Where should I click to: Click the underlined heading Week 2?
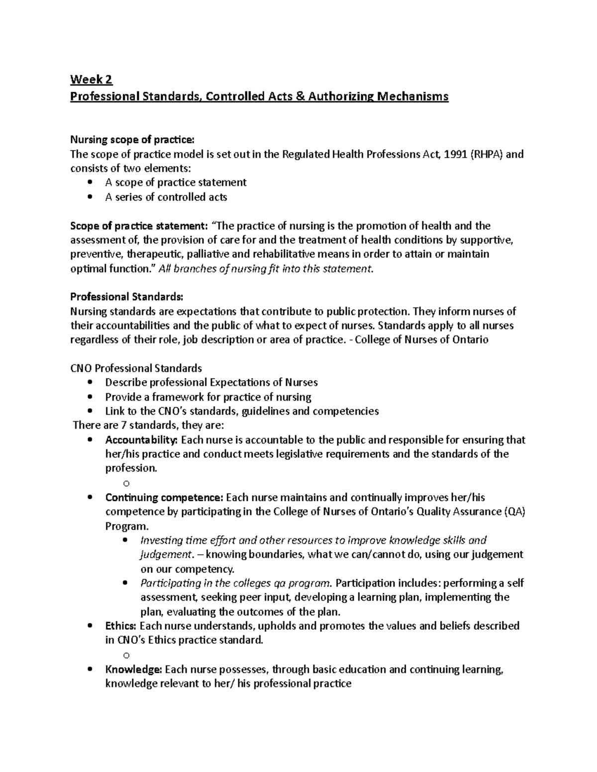pos(92,79)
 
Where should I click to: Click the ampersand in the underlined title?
pos(300,96)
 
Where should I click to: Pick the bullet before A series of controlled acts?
pos(90,197)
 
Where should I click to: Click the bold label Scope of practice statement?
pos(139,226)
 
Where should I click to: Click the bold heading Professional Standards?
pos(126,297)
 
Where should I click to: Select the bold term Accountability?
pos(141,440)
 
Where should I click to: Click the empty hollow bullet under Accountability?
pos(126,483)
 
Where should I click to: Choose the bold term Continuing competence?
pos(164,498)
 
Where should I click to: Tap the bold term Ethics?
pos(121,626)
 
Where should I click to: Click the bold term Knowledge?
pos(133,669)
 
